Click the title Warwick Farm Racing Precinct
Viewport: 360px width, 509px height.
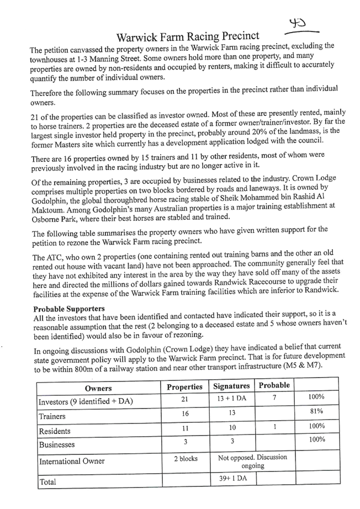coord(188,36)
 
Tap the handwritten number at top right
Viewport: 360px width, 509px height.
coord(298,23)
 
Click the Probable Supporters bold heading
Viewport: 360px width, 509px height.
coord(69,309)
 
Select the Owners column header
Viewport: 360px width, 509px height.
coord(98,388)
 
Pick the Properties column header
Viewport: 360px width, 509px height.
coord(184,387)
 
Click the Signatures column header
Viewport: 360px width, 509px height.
coord(231,386)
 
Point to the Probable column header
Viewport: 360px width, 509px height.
coord(274,385)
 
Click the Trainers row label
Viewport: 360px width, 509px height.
coord(52,416)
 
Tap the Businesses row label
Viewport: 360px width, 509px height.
coord(57,444)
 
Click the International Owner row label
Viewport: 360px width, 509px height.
coord(72,462)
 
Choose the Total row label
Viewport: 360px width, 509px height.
coord(47,482)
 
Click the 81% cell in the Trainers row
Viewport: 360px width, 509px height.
coord(316,411)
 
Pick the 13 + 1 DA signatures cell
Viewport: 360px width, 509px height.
coord(232,398)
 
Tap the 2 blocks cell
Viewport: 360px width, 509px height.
coord(186,459)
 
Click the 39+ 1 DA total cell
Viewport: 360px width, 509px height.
coord(233,478)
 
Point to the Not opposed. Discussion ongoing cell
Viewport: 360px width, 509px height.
coord(252,462)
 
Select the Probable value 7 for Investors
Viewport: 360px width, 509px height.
coord(274,397)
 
